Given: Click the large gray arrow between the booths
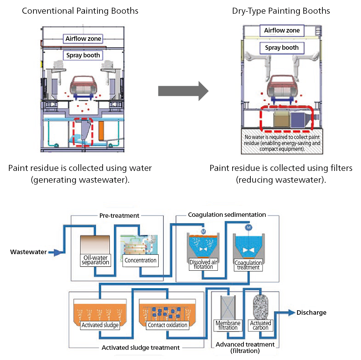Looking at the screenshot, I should tap(183, 91).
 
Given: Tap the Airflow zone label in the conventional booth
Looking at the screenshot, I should tap(83, 39).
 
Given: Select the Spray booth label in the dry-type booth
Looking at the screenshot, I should tap(282, 48).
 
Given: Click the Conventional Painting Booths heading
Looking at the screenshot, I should tap(80, 11).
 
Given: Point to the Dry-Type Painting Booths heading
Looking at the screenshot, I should tap(281, 11).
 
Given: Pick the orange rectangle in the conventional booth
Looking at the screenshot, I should tap(101, 131).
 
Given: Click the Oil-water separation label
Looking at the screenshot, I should tap(95, 260).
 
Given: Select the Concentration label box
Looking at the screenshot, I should tap(140, 260).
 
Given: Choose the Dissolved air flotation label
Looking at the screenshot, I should tap(203, 264).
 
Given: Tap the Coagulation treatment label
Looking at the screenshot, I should tap(248, 265).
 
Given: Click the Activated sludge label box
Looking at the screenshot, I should tap(100, 325).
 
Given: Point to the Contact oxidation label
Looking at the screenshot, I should tap(167, 325).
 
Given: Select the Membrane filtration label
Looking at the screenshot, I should tap(228, 325).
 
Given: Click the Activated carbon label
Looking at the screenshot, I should tap(260, 325).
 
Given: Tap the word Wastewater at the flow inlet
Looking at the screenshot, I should tap(28, 252).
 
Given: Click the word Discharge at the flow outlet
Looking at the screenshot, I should tap(311, 312).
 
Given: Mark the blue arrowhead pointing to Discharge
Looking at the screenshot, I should tap(291, 313).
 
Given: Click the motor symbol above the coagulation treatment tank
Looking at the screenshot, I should tap(249, 227).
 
